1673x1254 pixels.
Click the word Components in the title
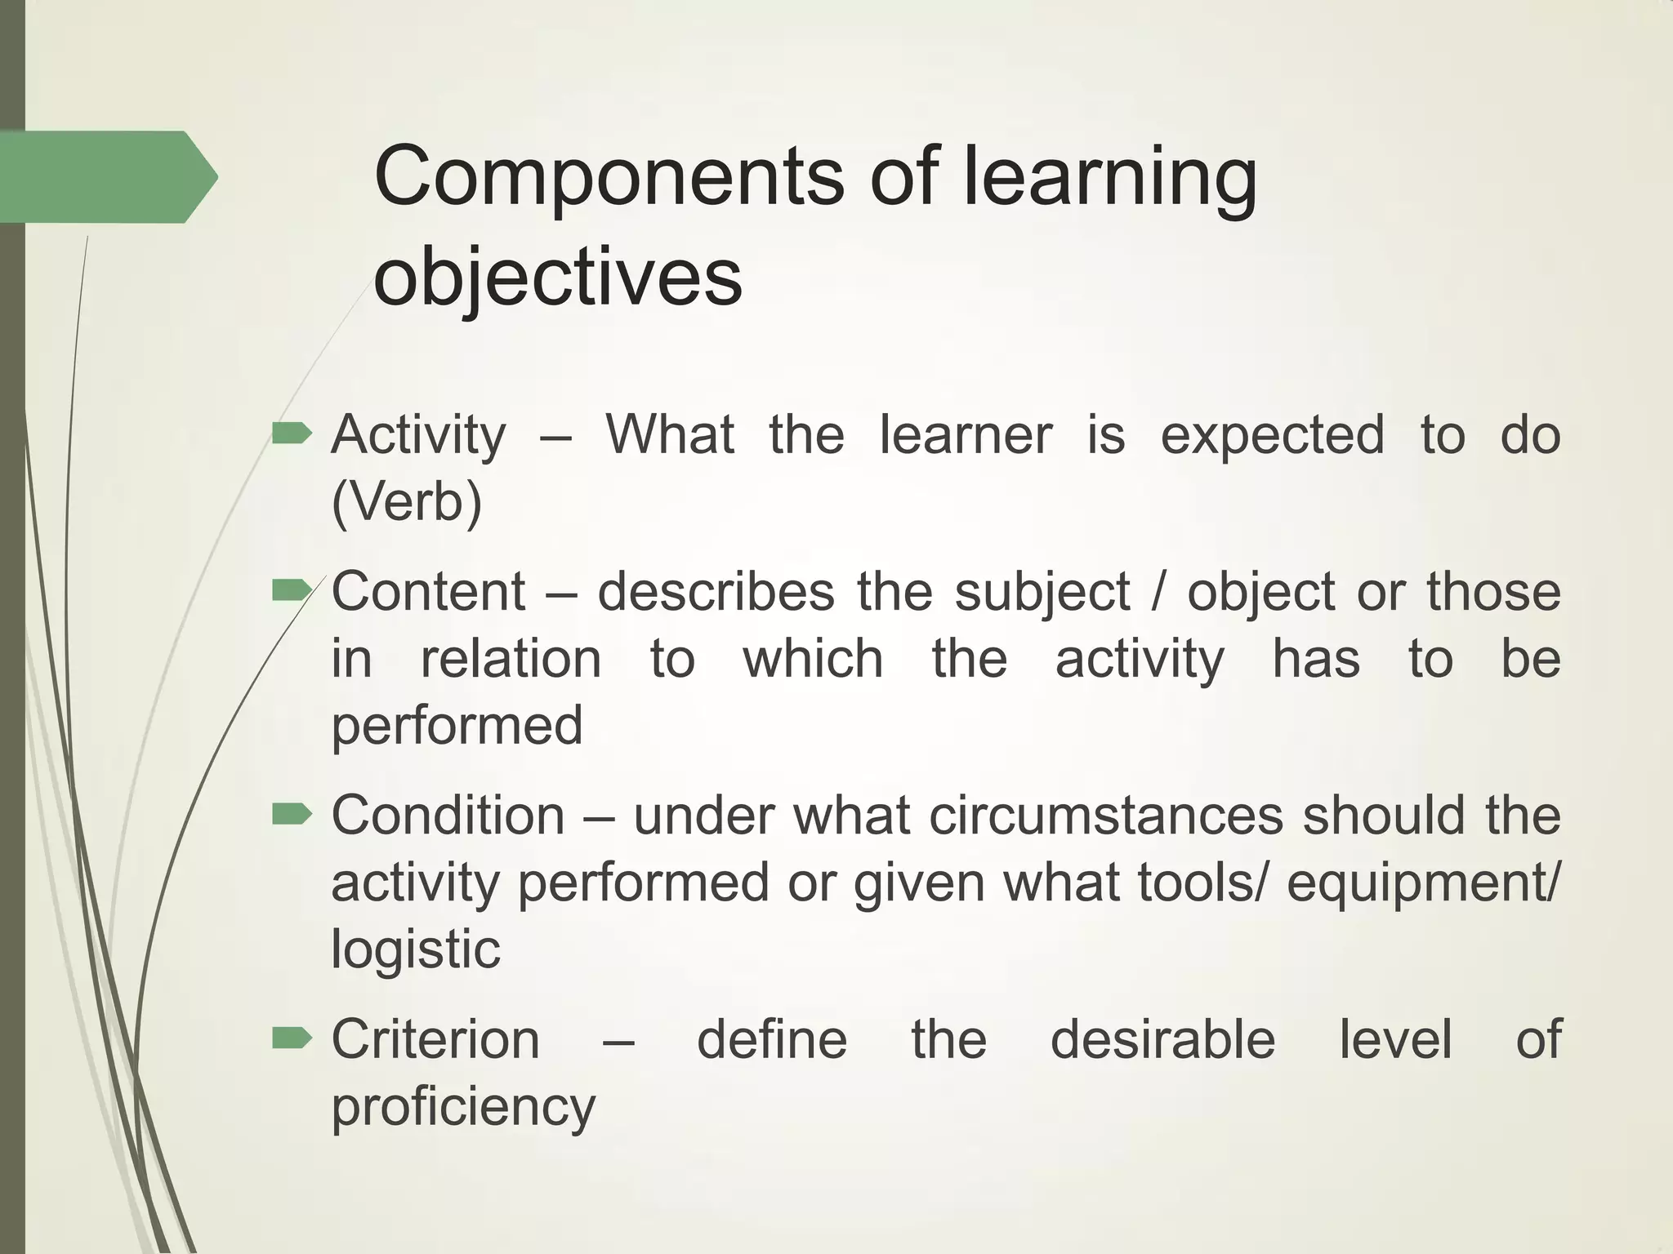point(609,177)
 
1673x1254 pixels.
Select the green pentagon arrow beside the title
point(106,176)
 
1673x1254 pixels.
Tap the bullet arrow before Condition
point(292,813)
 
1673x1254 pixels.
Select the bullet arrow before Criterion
point(292,1038)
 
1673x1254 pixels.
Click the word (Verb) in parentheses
point(407,501)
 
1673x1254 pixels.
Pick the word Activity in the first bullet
point(418,434)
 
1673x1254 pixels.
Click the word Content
point(428,591)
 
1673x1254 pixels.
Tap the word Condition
point(448,815)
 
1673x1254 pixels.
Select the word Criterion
point(435,1039)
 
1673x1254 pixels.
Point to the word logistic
point(415,949)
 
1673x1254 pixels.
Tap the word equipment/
point(1422,883)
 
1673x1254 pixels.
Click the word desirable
point(1162,1039)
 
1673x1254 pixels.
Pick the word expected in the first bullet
point(1272,434)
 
